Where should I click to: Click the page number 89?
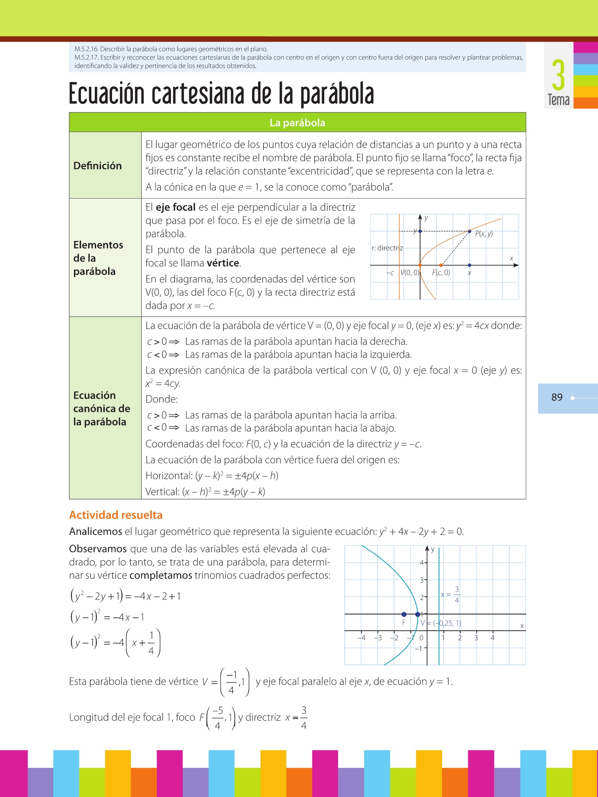coord(557,397)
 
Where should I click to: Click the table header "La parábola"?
coord(297,123)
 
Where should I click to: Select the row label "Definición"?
coord(97,166)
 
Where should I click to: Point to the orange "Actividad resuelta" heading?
coord(116,515)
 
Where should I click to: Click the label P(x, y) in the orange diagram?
coord(484,234)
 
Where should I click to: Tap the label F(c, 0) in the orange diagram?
coord(441,273)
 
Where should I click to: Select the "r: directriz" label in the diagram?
coord(387,248)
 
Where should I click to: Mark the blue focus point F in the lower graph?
coord(404,614)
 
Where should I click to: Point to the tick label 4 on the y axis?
coord(422,563)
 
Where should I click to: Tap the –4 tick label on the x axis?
coord(361,638)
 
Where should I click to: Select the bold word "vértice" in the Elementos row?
coord(223,263)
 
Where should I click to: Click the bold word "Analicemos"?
coord(95,532)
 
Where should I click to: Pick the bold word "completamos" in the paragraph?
coord(161,576)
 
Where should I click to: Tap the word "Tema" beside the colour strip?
coord(559,100)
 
